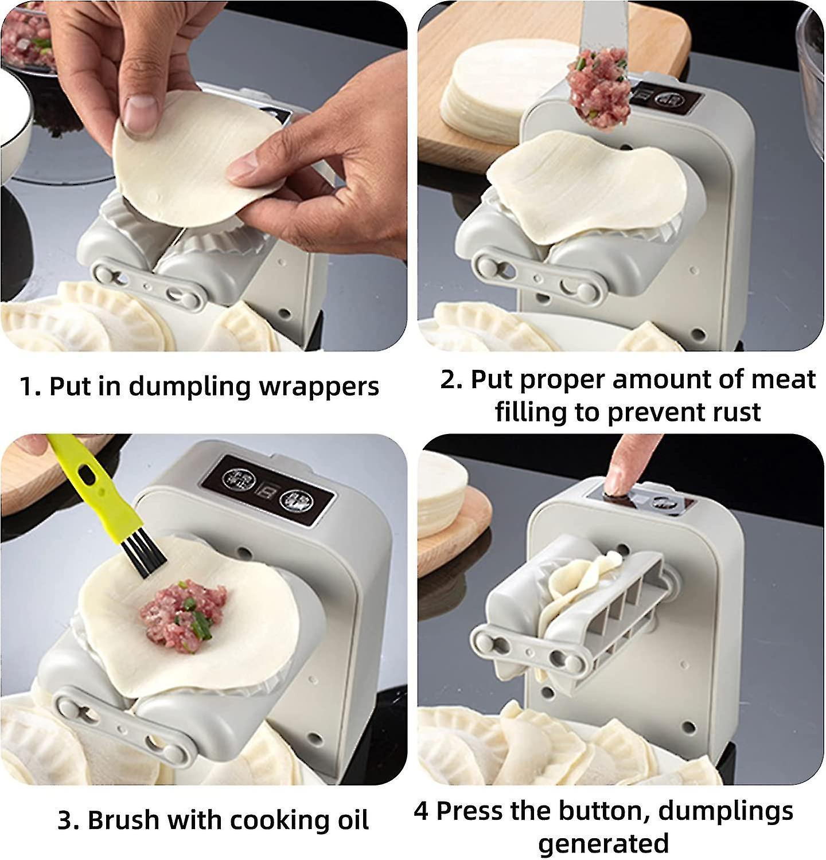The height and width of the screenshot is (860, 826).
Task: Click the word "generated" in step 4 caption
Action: click(603, 843)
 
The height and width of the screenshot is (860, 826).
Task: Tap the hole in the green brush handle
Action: click(87, 472)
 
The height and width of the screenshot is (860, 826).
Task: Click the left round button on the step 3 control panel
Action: click(235, 477)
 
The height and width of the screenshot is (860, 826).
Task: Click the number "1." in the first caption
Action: click(30, 386)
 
